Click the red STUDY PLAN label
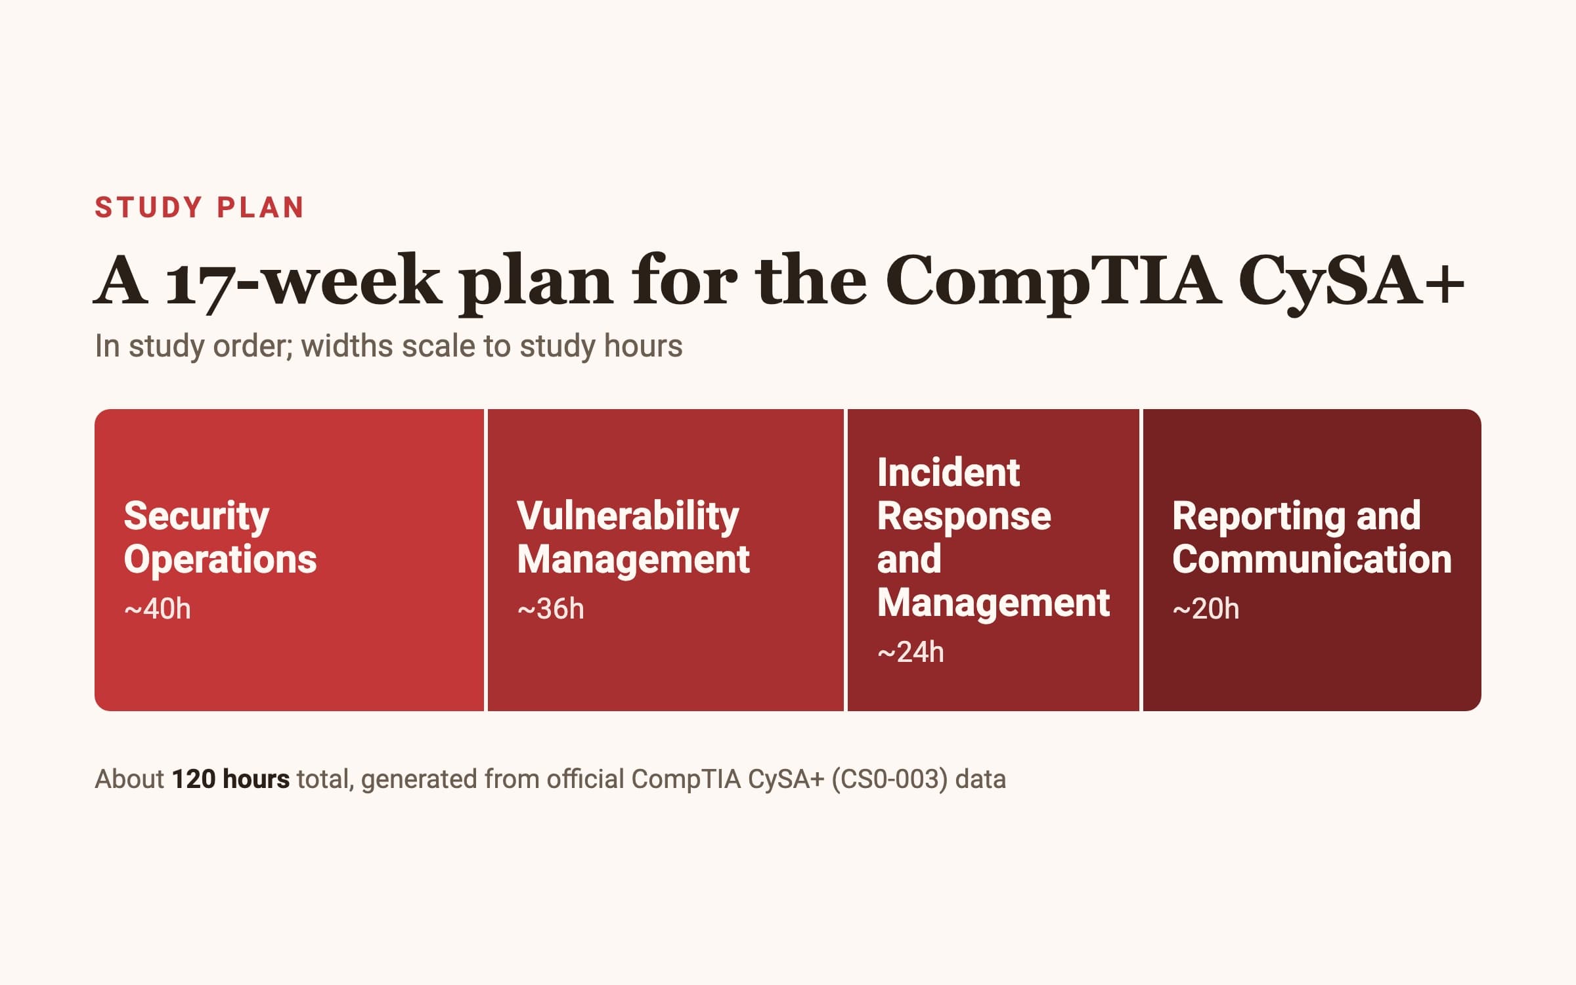pyautogui.click(x=200, y=208)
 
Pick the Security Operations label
pyautogui.click(x=220, y=537)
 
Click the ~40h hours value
pyautogui.click(x=158, y=609)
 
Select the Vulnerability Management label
pyautogui.click(x=633, y=537)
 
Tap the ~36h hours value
pyautogui.click(x=550, y=609)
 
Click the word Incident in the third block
pyautogui.click(x=948, y=472)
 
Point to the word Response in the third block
pyautogui.click(x=964, y=516)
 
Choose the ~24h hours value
pyautogui.click(x=911, y=652)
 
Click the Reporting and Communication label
pyautogui.click(x=1311, y=537)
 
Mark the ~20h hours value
pyautogui.click(x=1206, y=609)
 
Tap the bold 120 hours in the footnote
pyautogui.click(x=230, y=779)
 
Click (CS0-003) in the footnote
pyautogui.click(x=890, y=779)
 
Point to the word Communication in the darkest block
pyautogui.click(x=1311, y=559)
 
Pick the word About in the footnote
pyautogui.click(x=129, y=779)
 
